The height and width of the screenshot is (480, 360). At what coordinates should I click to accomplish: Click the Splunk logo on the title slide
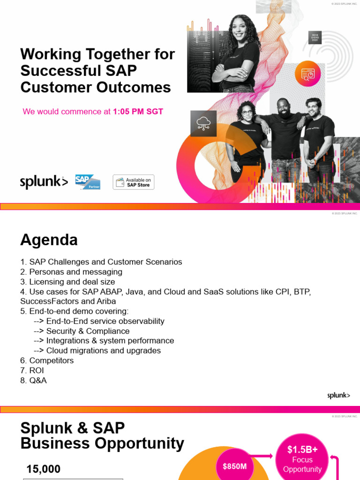[x=44, y=182]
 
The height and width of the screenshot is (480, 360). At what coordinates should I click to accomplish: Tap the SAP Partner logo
[x=88, y=182]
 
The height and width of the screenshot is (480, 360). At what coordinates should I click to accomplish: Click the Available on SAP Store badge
[x=134, y=182]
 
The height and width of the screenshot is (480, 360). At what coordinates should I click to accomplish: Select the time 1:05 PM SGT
[x=138, y=112]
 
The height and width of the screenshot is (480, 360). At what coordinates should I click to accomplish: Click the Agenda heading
[x=49, y=240]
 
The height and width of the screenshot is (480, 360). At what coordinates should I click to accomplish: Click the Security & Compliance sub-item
[x=88, y=331]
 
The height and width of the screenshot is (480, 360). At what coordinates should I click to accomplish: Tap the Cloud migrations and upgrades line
[x=103, y=351]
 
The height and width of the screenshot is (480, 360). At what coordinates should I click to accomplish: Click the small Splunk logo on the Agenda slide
[x=338, y=396]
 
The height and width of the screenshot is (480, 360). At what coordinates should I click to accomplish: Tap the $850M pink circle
[x=234, y=466]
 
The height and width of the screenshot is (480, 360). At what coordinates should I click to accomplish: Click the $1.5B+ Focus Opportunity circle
[x=302, y=459]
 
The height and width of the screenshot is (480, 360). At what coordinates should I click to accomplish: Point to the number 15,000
[x=44, y=469]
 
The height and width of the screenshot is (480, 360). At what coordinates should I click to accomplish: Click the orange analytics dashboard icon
[x=307, y=74]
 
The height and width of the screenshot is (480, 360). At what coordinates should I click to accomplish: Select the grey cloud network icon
[x=203, y=124]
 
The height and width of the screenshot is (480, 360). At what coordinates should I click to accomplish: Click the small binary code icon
[x=315, y=37]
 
